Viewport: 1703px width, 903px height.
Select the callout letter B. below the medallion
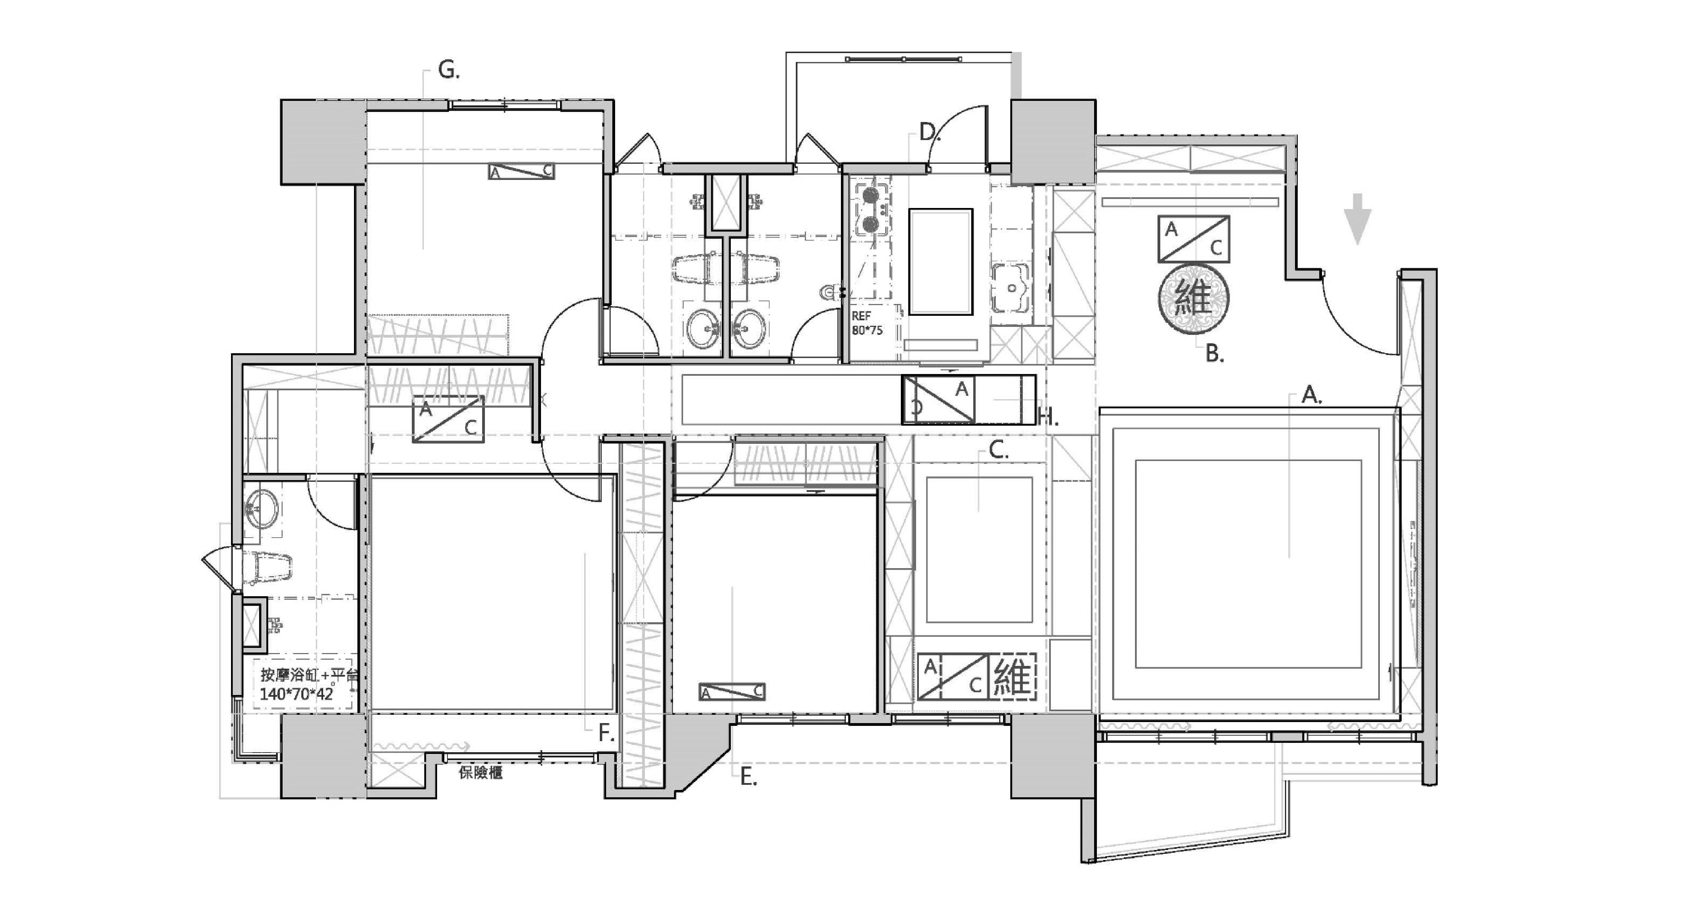(1214, 354)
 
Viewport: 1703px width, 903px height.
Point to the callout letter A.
(1310, 396)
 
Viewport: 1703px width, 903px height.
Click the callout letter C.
(998, 451)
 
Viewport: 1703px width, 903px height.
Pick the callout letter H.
(1048, 417)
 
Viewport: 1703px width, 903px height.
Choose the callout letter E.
(748, 777)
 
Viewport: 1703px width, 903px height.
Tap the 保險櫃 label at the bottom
(481, 773)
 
